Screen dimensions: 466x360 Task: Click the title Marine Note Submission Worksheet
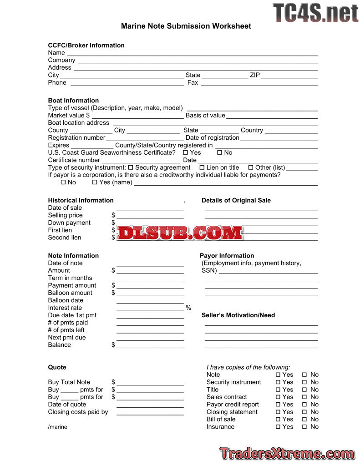(x=186, y=26)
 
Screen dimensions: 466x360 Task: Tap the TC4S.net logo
(x=315, y=13)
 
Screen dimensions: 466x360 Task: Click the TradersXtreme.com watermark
(x=287, y=454)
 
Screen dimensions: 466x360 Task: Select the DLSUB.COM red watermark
(x=180, y=233)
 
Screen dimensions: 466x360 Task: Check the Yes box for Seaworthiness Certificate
(x=185, y=153)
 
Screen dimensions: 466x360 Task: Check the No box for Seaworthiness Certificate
(x=219, y=153)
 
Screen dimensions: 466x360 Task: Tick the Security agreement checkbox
(x=131, y=168)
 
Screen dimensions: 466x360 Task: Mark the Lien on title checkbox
(x=202, y=168)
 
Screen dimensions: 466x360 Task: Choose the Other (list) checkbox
(x=251, y=168)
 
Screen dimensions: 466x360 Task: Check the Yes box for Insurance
(x=278, y=427)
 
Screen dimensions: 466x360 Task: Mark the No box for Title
(x=304, y=390)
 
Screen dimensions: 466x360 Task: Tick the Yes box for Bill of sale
(x=278, y=420)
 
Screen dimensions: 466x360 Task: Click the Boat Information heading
(x=73, y=101)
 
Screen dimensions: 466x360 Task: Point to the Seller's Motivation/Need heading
(x=238, y=315)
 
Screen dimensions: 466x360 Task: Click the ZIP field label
(x=255, y=75)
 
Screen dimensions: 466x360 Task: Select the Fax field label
(x=193, y=83)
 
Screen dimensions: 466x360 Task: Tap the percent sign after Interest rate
(x=188, y=308)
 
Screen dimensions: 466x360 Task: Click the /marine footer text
(x=57, y=427)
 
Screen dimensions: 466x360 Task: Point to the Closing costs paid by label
(x=78, y=412)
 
